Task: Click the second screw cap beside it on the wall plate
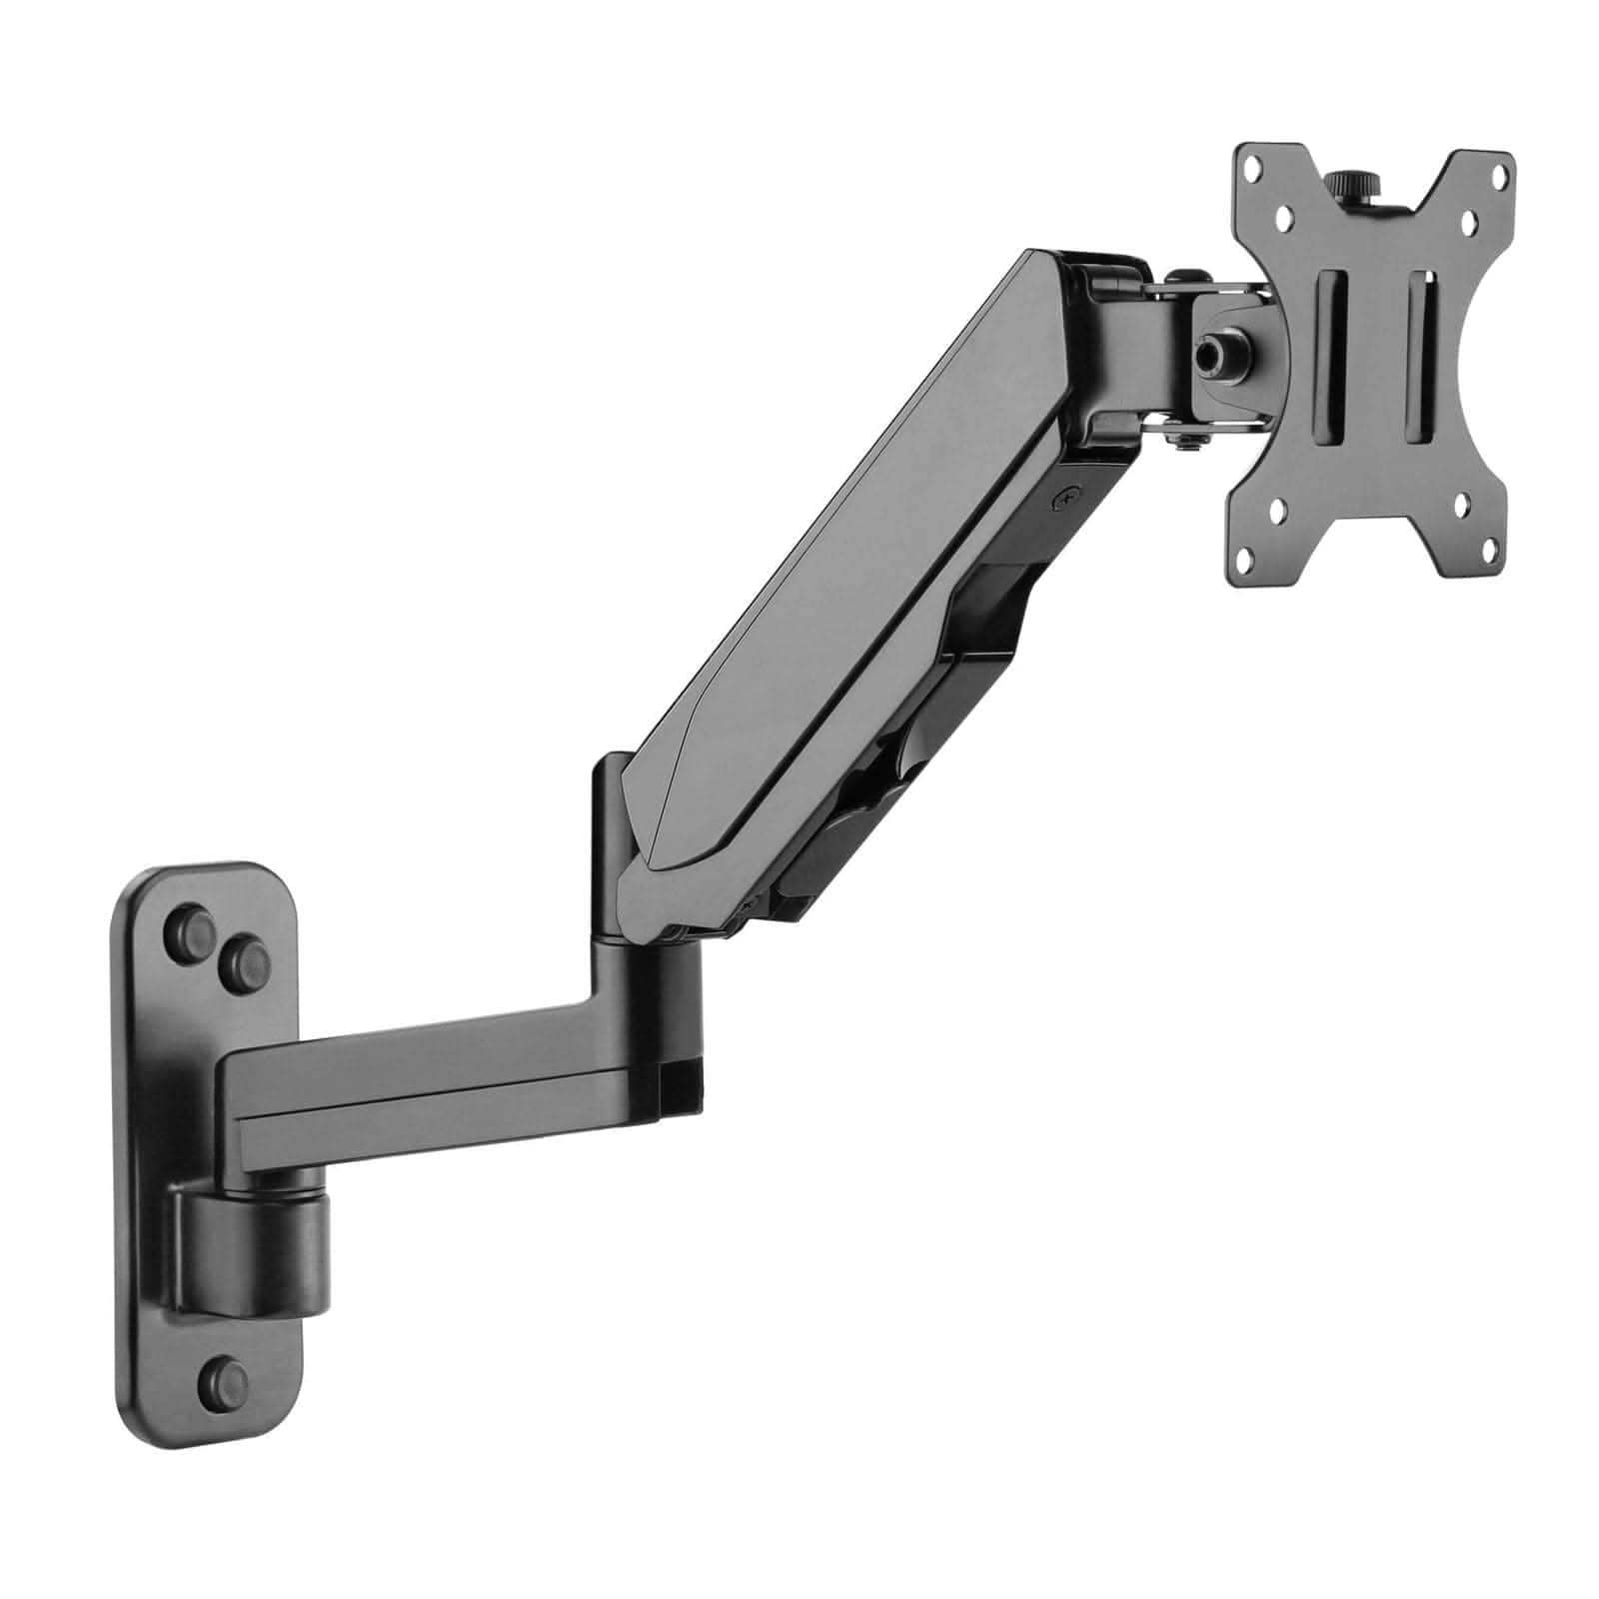(x=242, y=960)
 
